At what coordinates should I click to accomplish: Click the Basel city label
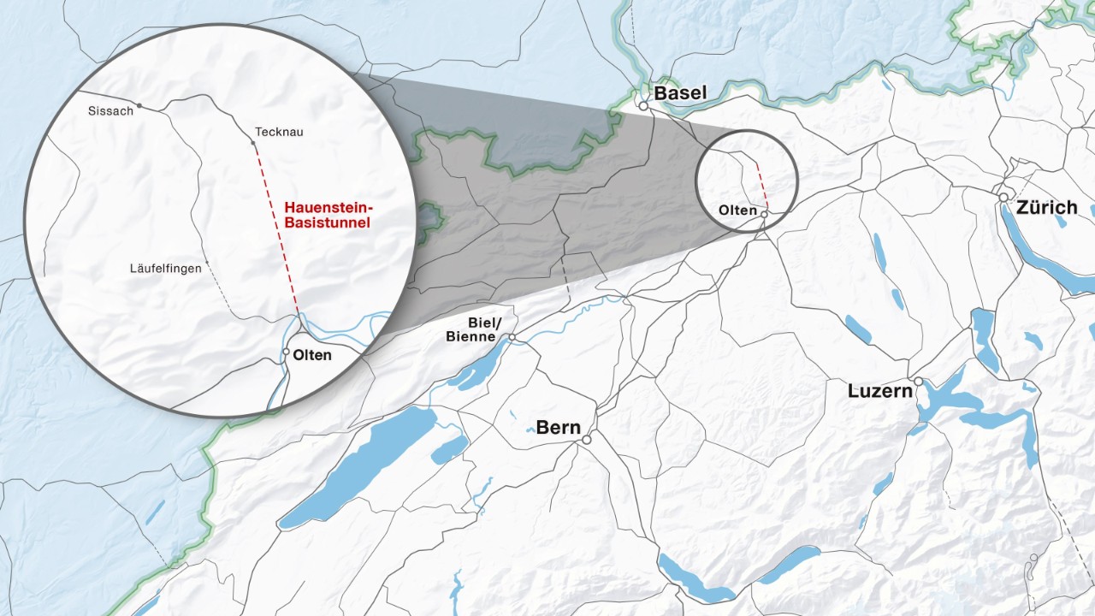click(x=681, y=92)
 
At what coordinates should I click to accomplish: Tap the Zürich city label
click(x=1047, y=207)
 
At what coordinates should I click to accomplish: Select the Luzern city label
click(x=880, y=391)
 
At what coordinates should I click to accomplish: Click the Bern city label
click(x=559, y=427)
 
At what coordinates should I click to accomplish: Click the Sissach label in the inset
click(x=110, y=110)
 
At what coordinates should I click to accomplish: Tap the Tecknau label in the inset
click(x=279, y=132)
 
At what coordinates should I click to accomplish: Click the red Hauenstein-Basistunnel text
click(x=329, y=215)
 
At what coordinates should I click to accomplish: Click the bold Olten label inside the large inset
click(x=312, y=355)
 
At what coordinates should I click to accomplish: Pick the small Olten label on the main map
click(x=737, y=210)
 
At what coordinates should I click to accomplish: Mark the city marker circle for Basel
click(x=642, y=106)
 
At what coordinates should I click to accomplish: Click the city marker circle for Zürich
click(x=1003, y=197)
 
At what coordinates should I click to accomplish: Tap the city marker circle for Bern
click(x=587, y=440)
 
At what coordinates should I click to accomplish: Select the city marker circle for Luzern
click(x=918, y=382)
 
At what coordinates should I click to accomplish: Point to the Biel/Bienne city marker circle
click(x=512, y=338)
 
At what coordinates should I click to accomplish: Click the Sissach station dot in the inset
click(x=139, y=106)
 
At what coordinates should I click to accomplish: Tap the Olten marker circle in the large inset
click(x=286, y=351)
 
